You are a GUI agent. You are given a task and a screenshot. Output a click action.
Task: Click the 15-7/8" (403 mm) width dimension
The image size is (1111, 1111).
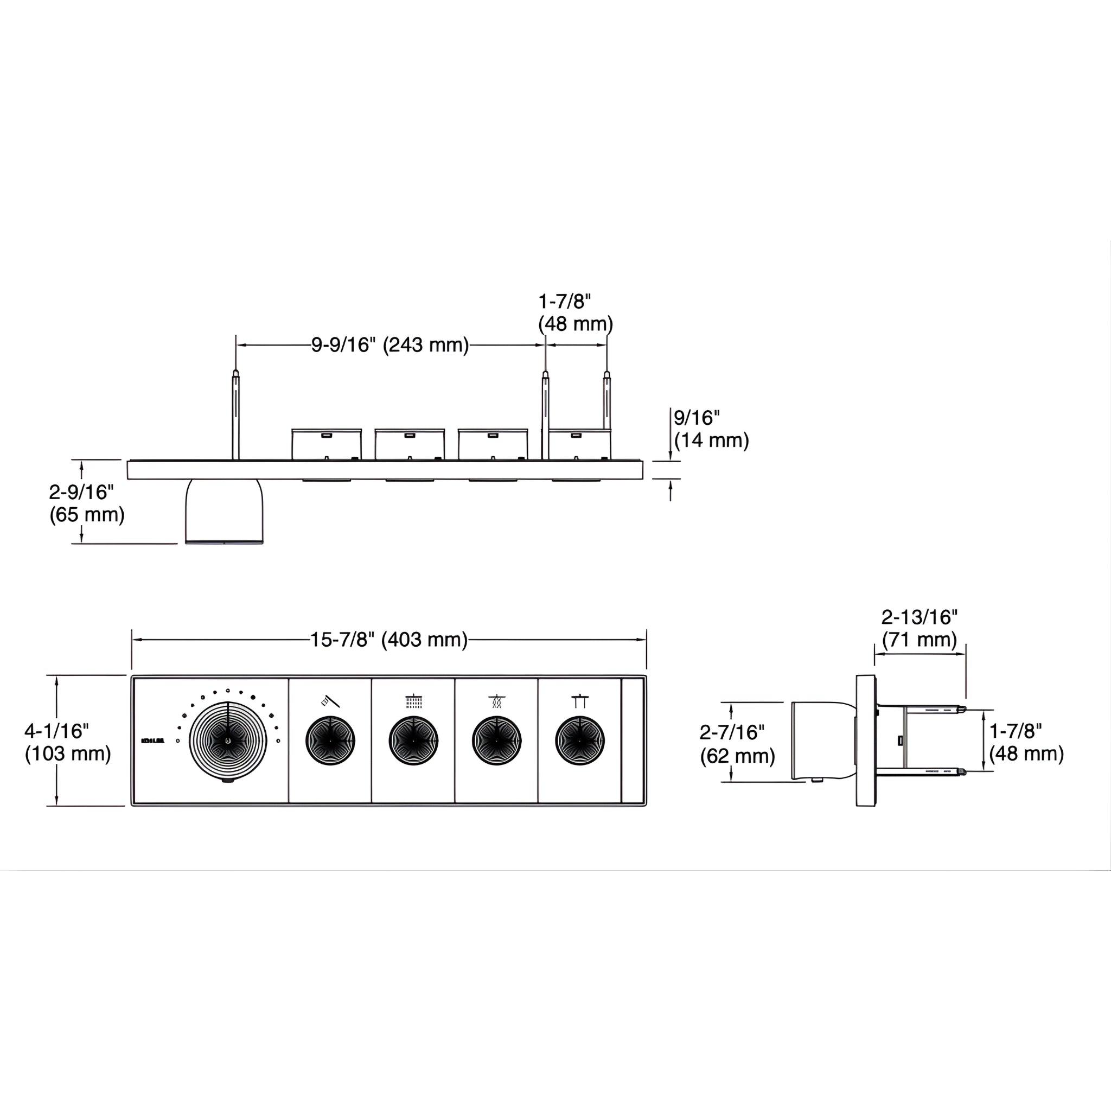pyautogui.click(x=389, y=640)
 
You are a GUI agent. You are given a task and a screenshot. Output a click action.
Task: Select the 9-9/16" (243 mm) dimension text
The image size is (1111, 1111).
pyautogui.click(x=390, y=345)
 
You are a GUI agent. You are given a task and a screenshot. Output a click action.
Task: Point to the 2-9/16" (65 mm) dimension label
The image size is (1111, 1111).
pyautogui.click(x=86, y=503)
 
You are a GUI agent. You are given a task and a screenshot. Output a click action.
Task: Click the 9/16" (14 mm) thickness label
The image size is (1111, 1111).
pyautogui.click(x=711, y=429)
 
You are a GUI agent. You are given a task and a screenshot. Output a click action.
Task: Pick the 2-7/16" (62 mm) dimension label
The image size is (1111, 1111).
pyautogui.click(x=737, y=744)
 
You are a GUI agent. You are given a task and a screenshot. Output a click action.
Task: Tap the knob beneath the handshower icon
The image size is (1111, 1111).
pyautogui.click(x=330, y=740)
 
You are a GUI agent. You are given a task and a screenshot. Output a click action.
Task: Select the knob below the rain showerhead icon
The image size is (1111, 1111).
pyautogui.click(x=413, y=740)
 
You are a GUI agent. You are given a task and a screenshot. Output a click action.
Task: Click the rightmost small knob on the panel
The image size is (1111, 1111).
pyautogui.click(x=580, y=740)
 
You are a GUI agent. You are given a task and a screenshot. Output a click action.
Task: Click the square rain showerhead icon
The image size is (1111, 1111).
pyautogui.click(x=413, y=701)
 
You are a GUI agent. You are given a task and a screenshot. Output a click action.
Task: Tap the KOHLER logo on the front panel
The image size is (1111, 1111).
pyautogui.click(x=152, y=740)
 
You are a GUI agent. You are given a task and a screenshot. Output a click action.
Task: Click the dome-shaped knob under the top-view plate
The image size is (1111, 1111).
pyautogui.click(x=224, y=512)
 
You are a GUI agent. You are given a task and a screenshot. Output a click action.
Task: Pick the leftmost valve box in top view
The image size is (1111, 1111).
pyautogui.click(x=326, y=444)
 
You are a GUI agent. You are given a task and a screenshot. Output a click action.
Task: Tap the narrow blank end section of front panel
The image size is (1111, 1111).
pyautogui.click(x=633, y=740)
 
